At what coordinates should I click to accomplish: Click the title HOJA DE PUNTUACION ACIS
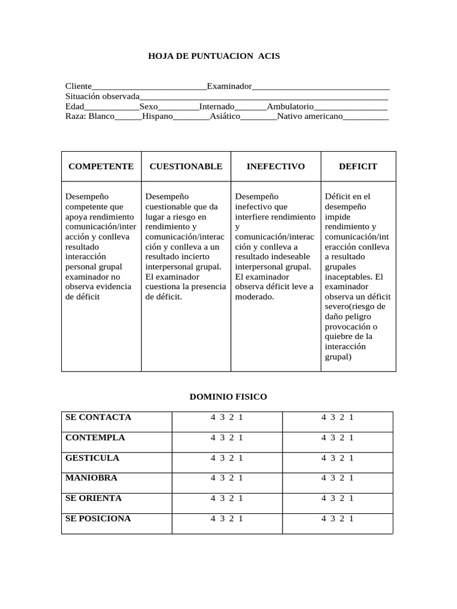point(214,56)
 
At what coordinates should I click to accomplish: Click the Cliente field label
point(79,87)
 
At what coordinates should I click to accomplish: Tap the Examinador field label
point(229,87)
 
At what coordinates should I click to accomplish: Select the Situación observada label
point(102,96)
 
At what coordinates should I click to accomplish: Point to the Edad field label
point(74,106)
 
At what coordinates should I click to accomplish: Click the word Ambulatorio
point(290,106)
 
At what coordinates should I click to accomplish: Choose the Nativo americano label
point(310,116)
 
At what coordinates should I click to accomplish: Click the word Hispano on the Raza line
point(157,116)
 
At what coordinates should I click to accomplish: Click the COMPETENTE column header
point(101,167)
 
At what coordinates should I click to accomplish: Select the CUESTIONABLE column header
point(186,167)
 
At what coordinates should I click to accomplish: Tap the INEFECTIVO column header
point(276,167)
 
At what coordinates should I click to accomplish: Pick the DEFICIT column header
point(358,167)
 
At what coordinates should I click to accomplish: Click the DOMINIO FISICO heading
point(228,397)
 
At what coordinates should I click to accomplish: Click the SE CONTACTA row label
point(98,417)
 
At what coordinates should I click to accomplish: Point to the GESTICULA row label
point(92,458)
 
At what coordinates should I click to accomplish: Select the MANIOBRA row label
point(91,478)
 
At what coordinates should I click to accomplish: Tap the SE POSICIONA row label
point(98,519)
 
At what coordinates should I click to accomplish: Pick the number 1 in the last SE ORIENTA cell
point(352,498)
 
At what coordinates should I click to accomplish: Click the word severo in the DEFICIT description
point(337,307)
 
